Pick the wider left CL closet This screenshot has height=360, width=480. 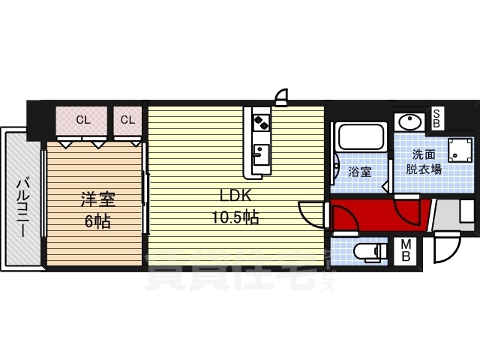pyautogui.click(x=82, y=119)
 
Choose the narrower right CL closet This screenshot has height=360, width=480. pyautogui.click(x=127, y=119)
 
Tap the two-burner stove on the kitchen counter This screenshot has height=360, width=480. pyautogui.click(x=260, y=120)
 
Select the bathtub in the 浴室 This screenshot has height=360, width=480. pyautogui.click(x=361, y=137)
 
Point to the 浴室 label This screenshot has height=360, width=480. pyautogui.click(x=360, y=172)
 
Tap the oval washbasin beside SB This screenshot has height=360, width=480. pyautogui.click(x=409, y=121)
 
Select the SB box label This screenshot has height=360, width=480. pyautogui.click(x=436, y=118)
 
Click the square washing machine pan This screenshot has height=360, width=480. pyautogui.click(x=457, y=151)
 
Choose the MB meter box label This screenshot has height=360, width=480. pyautogui.click(x=405, y=250)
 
